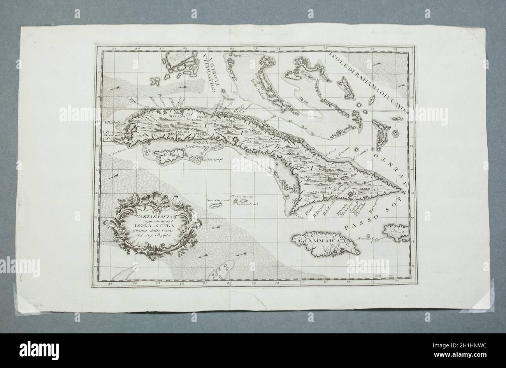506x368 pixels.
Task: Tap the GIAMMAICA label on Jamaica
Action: click(x=322, y=240)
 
